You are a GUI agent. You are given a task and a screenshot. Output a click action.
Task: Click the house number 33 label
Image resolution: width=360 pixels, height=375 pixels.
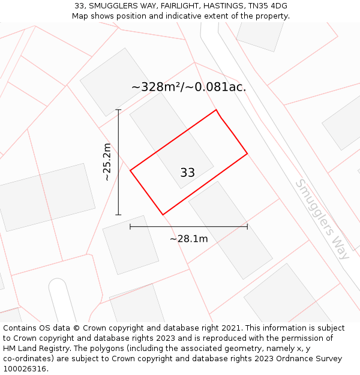click(x=187, y=173)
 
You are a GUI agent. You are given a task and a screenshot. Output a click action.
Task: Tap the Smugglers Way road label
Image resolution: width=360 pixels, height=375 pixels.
click(x=323, y=219)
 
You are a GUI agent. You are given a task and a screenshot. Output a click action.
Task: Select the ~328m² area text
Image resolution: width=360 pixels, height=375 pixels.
click(x=157, y=87)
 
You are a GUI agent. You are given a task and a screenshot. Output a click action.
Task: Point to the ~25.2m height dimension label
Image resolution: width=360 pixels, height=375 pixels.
click(x=107, y=162)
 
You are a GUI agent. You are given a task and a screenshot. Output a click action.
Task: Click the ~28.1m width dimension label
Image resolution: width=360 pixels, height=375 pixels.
click(x=188, y=239)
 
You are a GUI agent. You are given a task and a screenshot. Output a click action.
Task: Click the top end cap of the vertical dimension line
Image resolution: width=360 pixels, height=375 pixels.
click(x=118, y=110)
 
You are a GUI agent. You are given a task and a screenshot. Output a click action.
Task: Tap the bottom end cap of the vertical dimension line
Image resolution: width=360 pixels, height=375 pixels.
click(x=118, y=214)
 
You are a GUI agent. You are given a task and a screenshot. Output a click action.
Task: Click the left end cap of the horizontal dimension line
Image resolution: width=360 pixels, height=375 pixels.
click(x=130, y=227)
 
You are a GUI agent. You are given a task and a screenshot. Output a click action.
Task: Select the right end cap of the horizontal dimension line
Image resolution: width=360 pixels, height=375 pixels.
click(x=247, y=227)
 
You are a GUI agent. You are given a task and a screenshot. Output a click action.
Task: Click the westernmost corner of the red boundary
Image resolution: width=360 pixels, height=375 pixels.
click(x=130, y=171)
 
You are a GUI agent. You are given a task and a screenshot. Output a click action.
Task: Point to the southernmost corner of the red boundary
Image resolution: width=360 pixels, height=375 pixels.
click(x=163, y=214)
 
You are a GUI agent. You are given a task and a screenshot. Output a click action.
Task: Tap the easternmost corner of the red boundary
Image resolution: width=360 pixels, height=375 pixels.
click(x=247, y=154)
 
